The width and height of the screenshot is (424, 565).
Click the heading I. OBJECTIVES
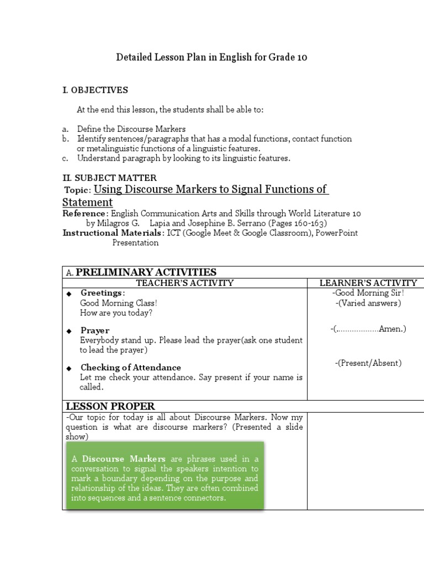pyautogui.click(x=95, y=90)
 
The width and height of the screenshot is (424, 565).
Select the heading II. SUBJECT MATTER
pyautogui.click(x=109, y=178)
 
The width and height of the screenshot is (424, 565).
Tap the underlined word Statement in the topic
pyautogui.click(x=87, y=202)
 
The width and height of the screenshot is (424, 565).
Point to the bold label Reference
pyautogui.click(x=84, y=214)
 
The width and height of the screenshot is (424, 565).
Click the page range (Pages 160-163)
pyautogui.click(x=298, y=223)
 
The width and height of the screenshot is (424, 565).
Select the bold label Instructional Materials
pyautogui.click(x=112, y=233)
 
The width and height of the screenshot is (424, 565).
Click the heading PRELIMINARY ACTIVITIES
pyautogui.click(x=146, y=272)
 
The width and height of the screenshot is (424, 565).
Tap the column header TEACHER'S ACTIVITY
pyautogui.click(x=185, y=283)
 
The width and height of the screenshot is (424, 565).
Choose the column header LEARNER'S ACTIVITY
pyautogui.click(x=368, y=283)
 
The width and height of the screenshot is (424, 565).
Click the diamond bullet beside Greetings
pyautogui.click(x=69, y=294)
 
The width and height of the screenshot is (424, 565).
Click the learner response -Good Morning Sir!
pyautogui.click(x=368, y=293)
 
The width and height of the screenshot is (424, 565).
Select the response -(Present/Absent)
pyautogui.click(x=368, y=363)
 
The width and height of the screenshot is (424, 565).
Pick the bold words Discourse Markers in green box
pyautogui.click(x=124, y=459)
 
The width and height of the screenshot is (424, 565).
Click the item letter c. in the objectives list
pyautogui.click(x=65, y=158)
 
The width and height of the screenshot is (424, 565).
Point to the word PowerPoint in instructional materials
pyautogui.click(x=337, y=233)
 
